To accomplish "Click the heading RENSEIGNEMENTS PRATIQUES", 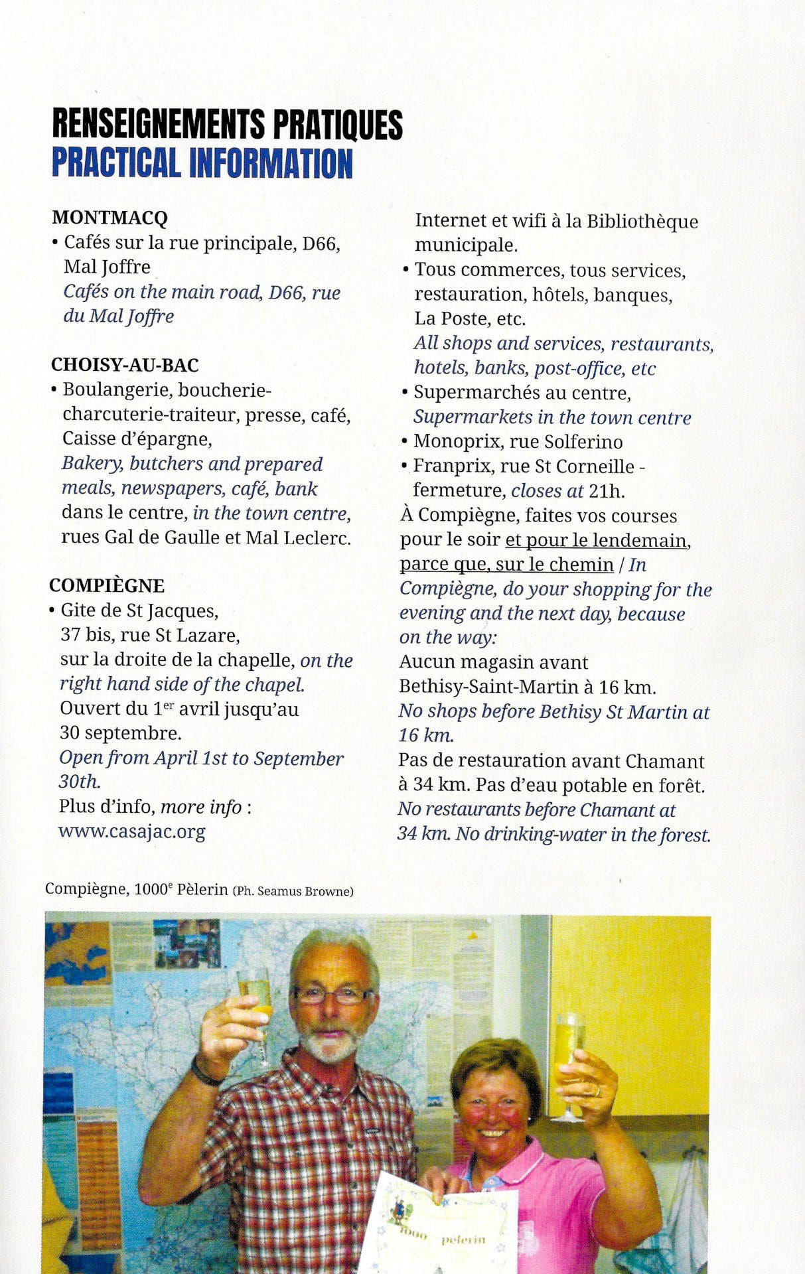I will tap(227, 124).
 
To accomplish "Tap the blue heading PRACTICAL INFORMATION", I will tap(202, 163).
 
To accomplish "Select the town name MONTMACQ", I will tap(110, 218).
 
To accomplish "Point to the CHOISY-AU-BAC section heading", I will tap(125, 365).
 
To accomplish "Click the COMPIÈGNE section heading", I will tap(107, 586).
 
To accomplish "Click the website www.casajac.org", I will tap(132, 831).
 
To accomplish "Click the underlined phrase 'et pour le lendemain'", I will tap(596, 540).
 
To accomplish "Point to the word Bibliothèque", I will tap(642, 221).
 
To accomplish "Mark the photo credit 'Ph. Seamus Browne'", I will tap(293, 892).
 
